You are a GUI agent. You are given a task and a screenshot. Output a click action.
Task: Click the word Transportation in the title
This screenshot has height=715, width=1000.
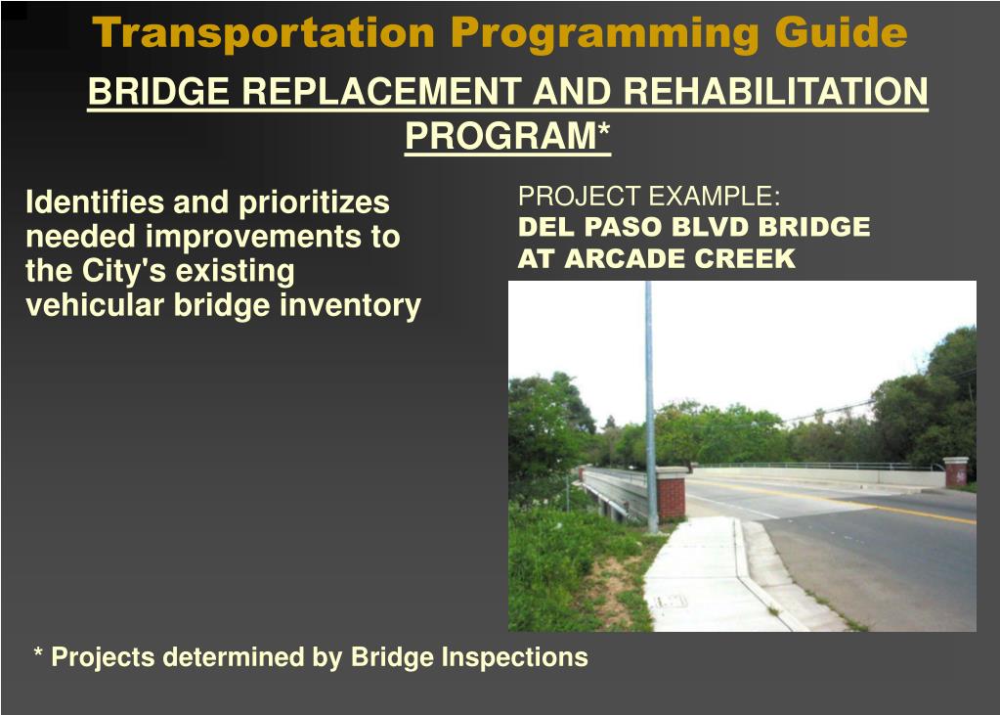pyautogui.click(x=263, y=32)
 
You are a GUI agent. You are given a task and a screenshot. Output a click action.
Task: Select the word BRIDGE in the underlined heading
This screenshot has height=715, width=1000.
pyautogui.click(x=158, y=91)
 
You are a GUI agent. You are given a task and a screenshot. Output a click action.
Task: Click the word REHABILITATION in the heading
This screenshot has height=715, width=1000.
pyautogui.click(x=775, y=91)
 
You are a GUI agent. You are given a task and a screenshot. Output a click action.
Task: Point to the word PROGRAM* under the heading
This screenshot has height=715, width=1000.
pyautogui.click(x=507, y=136)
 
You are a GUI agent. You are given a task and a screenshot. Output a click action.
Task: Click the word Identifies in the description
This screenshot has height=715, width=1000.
pyautogui.click(x=95, y=202)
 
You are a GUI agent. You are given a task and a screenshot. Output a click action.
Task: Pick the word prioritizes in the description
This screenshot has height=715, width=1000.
pyautogui.click(x=314, y=203)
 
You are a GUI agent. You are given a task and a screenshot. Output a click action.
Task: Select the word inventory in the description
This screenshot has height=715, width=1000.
pyautogui.click(x=351, y=306)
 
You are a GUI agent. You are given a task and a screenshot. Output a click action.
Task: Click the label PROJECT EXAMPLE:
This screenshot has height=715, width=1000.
pyautogui.click(x=649, y=196)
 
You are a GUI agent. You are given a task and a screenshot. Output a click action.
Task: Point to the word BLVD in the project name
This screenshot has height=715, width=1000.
pyautogui.click(x=711, y=227)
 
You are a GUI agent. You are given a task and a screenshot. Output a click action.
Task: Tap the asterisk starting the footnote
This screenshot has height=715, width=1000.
pyautogui.click(x=38, y=652)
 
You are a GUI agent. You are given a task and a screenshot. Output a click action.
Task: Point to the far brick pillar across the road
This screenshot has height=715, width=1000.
pyautogui.click(x=955, y=471)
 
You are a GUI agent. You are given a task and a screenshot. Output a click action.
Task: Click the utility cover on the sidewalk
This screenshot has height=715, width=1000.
pyautogui.click(x=670, y=601)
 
